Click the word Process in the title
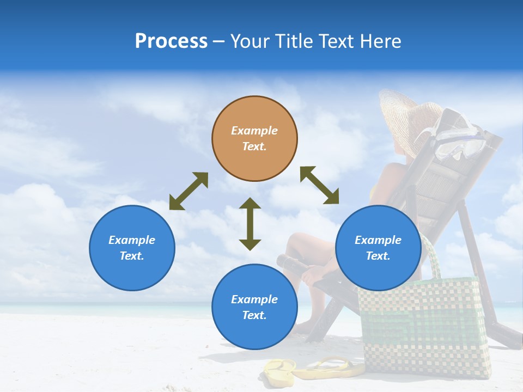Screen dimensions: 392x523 coord(171,41)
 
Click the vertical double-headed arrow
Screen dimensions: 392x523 coord(250,224)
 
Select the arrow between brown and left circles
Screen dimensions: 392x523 coord(188,191)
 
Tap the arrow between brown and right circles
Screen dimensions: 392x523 coord(319,185)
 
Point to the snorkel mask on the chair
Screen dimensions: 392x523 coord(460,136)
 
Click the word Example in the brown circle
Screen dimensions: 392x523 coord(254,131)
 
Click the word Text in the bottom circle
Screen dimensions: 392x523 coord(253,315)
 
